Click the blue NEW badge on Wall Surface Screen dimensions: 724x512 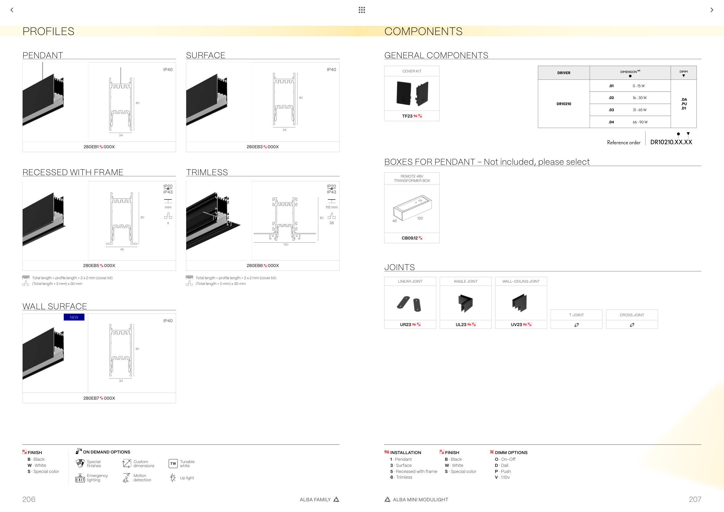click(74, 317)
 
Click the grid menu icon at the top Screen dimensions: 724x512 click(362, 10)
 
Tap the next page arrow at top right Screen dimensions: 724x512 click(712, 10)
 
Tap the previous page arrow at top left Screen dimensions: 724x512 click(12, 10)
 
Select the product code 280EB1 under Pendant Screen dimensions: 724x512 click(91, 147)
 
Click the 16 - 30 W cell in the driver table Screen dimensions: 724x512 click(639, 98)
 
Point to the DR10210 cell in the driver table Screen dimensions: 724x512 click(564, 104)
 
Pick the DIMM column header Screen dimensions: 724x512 click(683, 73)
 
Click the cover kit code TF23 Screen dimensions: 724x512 click(407, 116)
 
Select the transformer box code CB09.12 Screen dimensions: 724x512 click(409, 238)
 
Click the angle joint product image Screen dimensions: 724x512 click(465, 303)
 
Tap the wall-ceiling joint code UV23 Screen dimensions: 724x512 click(516, 325)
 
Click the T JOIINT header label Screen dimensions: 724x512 click(576, 315)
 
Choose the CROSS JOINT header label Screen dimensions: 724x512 click(632, 315)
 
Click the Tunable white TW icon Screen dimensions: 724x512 click(173, 463)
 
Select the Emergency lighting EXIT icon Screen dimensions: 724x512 click(80, 478)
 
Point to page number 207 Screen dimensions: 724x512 click(695, 499)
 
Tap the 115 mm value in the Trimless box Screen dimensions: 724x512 click(331, 207)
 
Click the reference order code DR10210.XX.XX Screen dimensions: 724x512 click(671, 142)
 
